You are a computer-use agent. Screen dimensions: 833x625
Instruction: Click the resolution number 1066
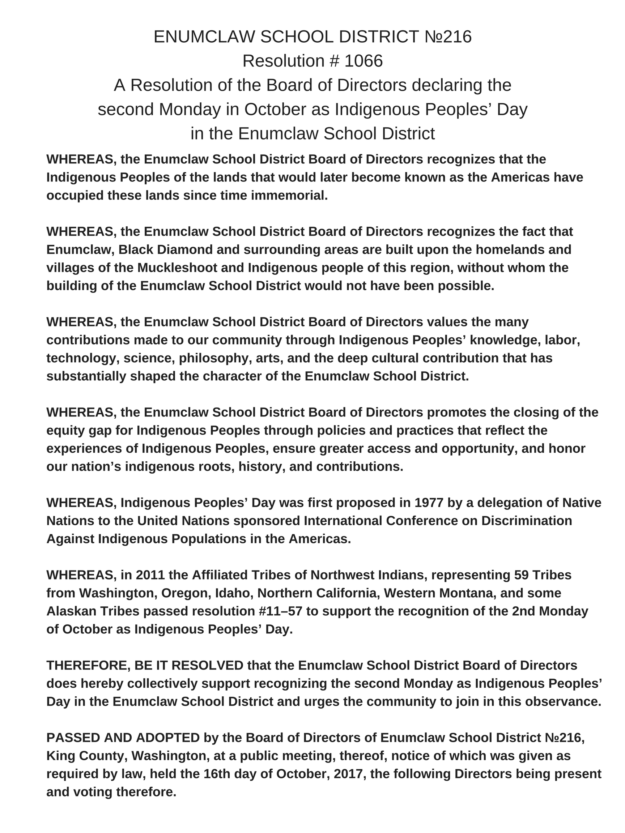363,61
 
